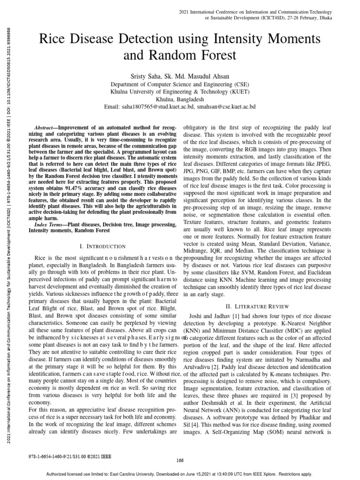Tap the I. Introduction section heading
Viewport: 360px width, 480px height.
[103, 246]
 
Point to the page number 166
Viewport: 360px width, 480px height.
[180, 460]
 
